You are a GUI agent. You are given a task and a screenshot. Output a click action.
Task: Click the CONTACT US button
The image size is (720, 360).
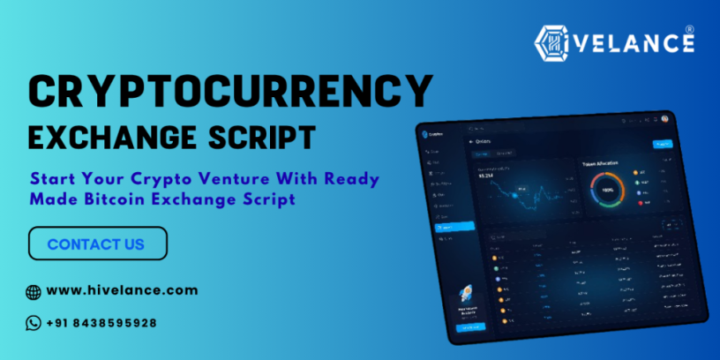click(97, 244)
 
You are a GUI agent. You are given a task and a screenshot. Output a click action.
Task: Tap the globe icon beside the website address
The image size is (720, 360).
click(34, 291)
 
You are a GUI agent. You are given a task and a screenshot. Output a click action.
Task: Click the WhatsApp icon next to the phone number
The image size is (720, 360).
click(34, 323)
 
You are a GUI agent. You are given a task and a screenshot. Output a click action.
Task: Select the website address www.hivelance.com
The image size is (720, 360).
click(122, 290)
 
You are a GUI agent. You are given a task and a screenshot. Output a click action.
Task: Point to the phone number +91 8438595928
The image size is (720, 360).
click(101, 323)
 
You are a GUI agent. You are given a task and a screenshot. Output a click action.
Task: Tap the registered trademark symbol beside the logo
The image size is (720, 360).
click(689, 29)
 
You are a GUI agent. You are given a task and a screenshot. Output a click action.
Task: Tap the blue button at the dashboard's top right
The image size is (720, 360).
click(661, 144)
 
